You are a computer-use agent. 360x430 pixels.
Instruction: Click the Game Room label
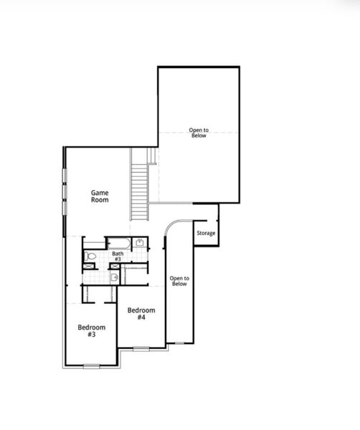tap(100, 196)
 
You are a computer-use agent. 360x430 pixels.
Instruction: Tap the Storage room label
tap(206, 233)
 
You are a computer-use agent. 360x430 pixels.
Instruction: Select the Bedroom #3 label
tap(92, 330)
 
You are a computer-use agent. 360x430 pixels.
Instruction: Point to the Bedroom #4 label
tap(141, 313)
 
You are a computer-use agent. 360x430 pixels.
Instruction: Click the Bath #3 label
tap(118, 256)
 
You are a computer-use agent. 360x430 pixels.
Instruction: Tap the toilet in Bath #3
tap(90, 255)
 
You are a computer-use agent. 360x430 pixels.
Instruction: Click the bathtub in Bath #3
tap(118, 243)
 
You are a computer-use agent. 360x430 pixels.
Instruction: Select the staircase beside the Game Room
tap(138, 184)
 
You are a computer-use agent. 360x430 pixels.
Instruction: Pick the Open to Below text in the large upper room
tap(198, 133)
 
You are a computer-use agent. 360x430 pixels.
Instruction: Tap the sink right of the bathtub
tap(140, 243)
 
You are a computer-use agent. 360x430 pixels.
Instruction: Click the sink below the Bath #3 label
tap(114, 277)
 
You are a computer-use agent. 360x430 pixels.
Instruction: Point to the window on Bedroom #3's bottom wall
tap(91, 366)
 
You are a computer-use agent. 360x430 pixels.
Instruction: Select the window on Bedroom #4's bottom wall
tap(141, 349)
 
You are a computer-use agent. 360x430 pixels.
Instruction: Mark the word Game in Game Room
tap(100, 192)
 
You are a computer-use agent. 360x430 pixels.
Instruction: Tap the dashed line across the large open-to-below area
tap(198, 131)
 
